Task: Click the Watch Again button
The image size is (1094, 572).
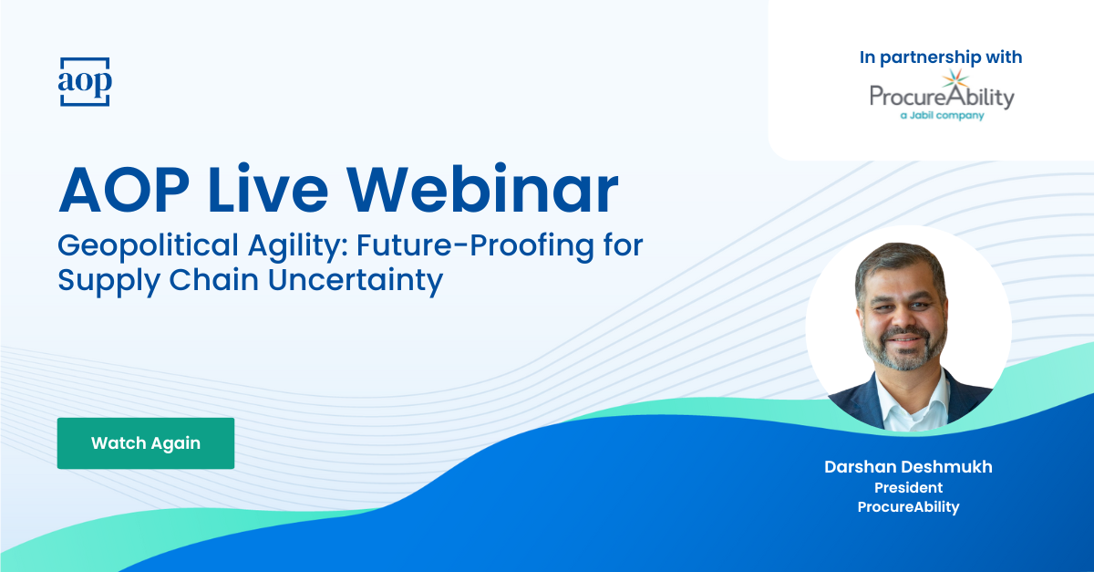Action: (146, 443)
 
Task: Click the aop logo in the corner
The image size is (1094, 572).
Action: (85, 81)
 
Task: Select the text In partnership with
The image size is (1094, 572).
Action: (941, 57)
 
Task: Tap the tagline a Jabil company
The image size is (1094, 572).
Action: (941, 116)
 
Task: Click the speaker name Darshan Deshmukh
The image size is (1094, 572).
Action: (908, 467)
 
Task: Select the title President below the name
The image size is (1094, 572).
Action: (908, 487)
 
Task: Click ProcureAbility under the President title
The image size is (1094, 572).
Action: (908, 507)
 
